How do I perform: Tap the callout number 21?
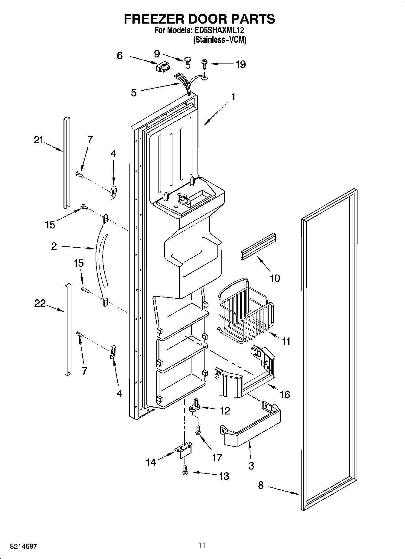(x=38, y=140)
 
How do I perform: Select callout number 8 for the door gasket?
(x=260, y=485)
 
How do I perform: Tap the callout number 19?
(x=240, y=64)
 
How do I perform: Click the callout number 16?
(x=285, y=394)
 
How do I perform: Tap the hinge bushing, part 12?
(x=194, y=406)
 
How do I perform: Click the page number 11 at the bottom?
(x=202, y=545)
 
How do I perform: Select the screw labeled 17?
(x=198, y=430)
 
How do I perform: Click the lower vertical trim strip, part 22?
(x=67, y=330)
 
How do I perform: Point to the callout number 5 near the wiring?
(x=134, y=93)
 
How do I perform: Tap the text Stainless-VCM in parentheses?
(x=220, y=40)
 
